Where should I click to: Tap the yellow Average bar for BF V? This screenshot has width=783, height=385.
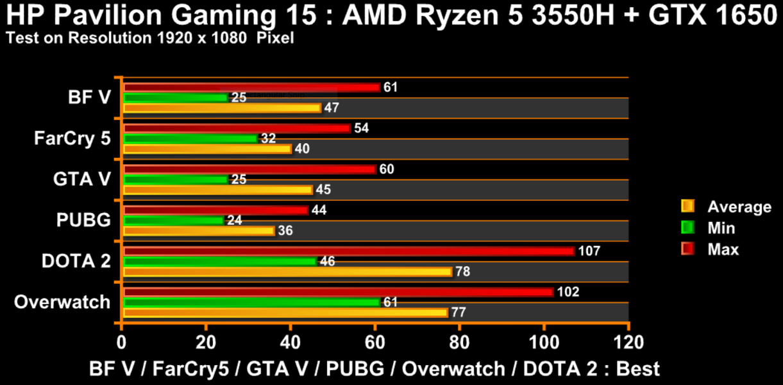point(222,108)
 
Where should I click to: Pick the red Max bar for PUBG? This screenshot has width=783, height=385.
point(215,210)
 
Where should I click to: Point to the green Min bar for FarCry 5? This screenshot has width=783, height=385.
point(190,139)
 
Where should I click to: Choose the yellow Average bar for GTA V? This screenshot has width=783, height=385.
point(217,190)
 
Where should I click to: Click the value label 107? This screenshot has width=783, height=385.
point(589,251)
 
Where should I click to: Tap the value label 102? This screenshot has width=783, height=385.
point(568,292)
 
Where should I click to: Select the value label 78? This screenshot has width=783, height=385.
point(462,271)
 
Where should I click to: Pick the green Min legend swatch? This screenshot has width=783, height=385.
point(687,228)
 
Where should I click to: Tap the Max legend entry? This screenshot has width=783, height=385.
point(723,249)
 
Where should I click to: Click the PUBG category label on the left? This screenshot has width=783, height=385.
point(84,220)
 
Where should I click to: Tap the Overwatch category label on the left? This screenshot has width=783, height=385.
point(62,302)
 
